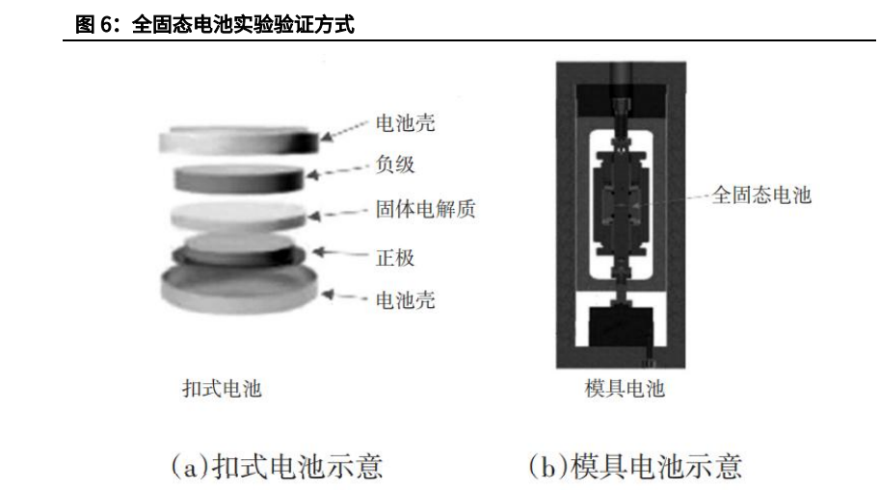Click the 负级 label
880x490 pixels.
(x=395, y=165)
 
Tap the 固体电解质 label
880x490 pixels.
(x=425, y=209)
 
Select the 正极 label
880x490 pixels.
(x=395, y=258)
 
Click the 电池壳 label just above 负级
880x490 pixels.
(x=405, y=123)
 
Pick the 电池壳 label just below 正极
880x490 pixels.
(x=405, y=300)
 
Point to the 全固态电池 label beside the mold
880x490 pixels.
(x=761, y=195)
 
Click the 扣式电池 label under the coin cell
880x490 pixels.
(x=223, y=389)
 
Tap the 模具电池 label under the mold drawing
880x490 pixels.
(x=625, y=388)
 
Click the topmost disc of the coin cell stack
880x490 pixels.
(x=239, y=141)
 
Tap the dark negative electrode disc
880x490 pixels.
(x=239, y=179)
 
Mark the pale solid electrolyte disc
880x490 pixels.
(x=238, y=216)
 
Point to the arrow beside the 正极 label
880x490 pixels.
(x=340, y=253)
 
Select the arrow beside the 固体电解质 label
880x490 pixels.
(x=338, y=214)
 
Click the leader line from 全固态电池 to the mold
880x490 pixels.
(x=662, y=200)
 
